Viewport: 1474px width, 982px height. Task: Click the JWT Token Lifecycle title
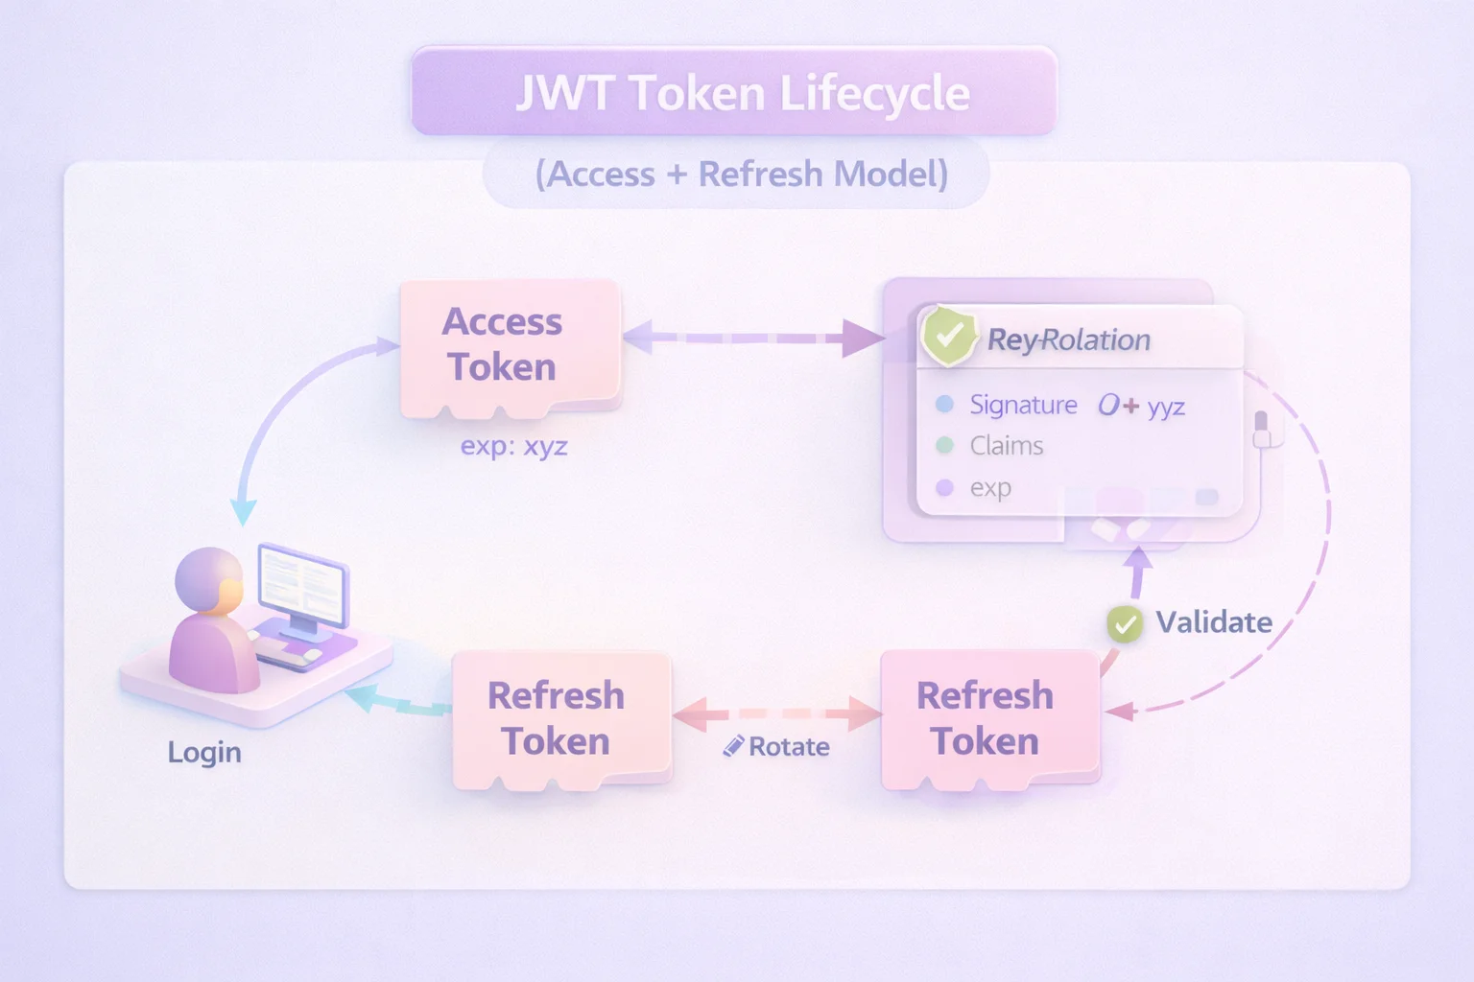(x=742, y=94)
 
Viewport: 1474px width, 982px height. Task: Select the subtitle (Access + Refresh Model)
(x=741, y=175)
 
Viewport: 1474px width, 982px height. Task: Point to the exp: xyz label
(x=513, y=446)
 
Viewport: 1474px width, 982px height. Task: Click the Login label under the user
(x=203, y=752)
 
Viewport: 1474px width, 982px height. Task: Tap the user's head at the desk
(x=208, y=579)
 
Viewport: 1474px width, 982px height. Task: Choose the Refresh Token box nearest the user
(x=558, y=718)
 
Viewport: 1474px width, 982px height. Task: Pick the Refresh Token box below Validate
(x=987, y=718)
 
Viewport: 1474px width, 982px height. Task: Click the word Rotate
(x=789, y=747)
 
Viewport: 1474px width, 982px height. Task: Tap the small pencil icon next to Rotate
(x=733, y=746)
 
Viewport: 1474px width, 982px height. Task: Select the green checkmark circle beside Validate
(x=1124, y=624)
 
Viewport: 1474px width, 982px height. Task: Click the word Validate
(x=1214, y=622)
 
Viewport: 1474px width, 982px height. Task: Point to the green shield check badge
(x=948, y=336)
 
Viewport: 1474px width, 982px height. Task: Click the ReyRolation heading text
(x=1068, y=339)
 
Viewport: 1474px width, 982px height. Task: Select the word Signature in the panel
(x=1023, y=405)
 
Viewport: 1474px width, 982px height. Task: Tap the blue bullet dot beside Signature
(x=944, y=404)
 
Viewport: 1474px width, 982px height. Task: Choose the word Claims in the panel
(x=1006, y=446)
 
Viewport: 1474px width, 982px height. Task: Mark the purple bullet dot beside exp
(x=944, y=487)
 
